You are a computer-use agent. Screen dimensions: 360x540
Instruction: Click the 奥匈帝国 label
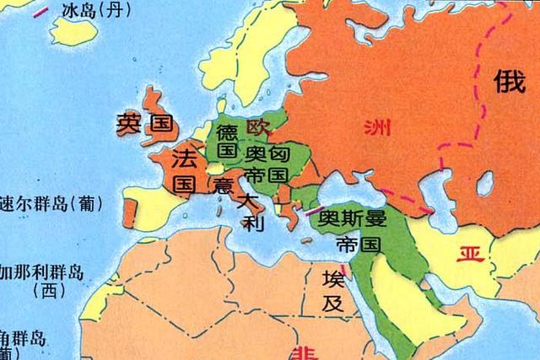coord(268,164)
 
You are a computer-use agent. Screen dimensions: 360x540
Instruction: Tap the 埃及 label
coord(333,290)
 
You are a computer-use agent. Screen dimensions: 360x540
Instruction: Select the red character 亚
coord(467,254)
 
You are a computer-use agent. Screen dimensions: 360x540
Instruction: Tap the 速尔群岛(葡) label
coord(48,203)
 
